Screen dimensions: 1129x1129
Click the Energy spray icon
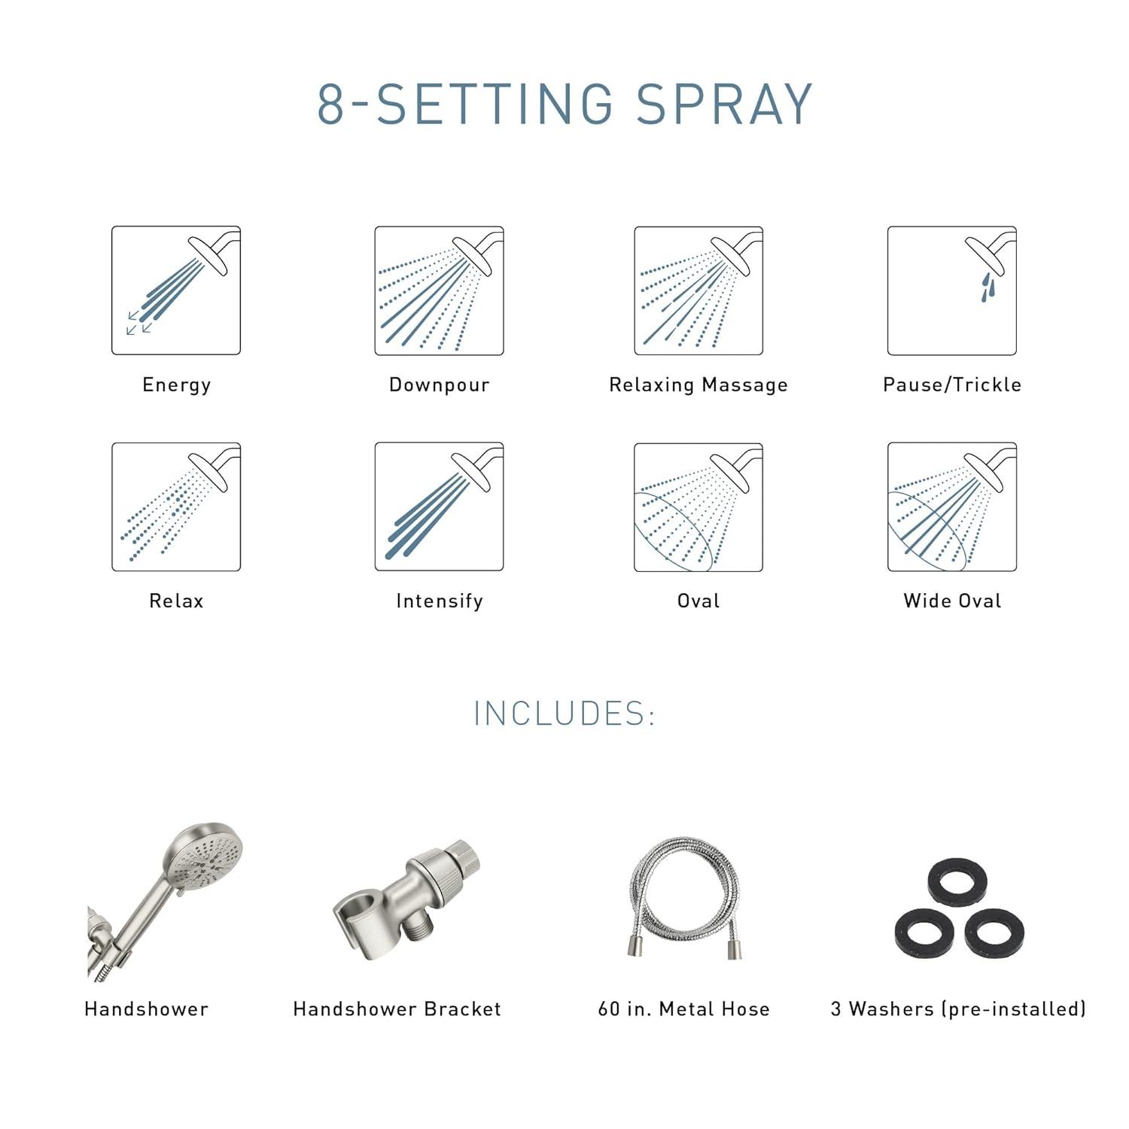pyautogui.click(x=176, y=291)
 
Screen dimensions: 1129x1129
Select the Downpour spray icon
pyautogui.click(x=439, y=291)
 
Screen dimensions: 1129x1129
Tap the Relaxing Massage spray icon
pyautogui.click(x=698, y=291)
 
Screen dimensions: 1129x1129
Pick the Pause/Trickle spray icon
pyautogui.click(x=952, y=291)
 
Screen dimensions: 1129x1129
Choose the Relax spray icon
pyautogui.click(x=176, y=507)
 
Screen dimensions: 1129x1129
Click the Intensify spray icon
pyautogui.click(x=439, y=507)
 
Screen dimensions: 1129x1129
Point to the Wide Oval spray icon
pyautogui.click(x=952, y=507)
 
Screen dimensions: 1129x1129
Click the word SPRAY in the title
pyautogui.click(x=724, y=104)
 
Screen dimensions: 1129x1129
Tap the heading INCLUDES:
pyautogui.click(x=564, y=714)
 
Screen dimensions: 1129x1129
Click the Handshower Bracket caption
pyautogui.click(x=397, y=1009)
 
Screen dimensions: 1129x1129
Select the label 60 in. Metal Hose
pyautogui.click(x=683, y=1009)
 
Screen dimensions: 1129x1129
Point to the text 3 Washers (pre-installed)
pyautogui.click(x=958, y=1009)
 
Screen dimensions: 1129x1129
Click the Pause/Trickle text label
pyautogui.click(x=952, y=385)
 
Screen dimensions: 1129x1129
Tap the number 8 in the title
pyautogui.click(x=330, y=104)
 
